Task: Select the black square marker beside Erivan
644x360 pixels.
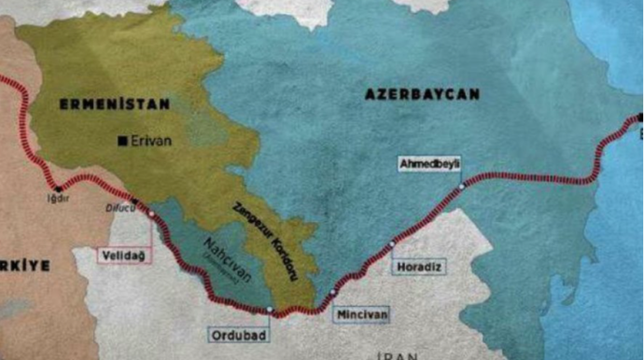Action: point(122,141)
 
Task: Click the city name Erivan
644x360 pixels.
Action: point(148,141)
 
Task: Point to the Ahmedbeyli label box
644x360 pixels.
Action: point(429,164)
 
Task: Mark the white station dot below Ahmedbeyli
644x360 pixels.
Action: point(461,187)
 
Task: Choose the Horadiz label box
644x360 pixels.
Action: point(419,267)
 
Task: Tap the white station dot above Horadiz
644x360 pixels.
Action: point(392,243)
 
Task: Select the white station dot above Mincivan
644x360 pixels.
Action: point(331,293)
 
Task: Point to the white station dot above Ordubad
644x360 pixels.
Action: point(269,310)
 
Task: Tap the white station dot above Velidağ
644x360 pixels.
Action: point(151,215)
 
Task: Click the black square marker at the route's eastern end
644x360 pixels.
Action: point(640,118)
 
